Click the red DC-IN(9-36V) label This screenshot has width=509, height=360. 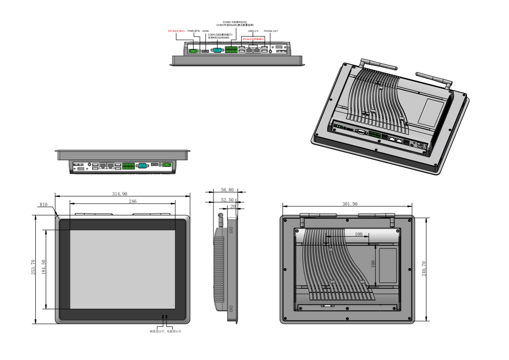click(x=176, y=31)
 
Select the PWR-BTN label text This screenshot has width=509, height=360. click(x=194, y=31)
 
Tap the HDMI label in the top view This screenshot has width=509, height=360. click(x=205, y=31)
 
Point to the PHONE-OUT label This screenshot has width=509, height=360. click(x=271, y=31)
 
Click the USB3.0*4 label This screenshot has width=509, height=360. click(x=253, y=31)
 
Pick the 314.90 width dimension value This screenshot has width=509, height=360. click(x=120, y=194)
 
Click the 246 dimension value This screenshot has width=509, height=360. click(x=133, y=201)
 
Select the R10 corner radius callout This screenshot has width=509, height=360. click(x=44, y=204)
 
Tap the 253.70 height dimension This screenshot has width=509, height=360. click(x=33, y=269)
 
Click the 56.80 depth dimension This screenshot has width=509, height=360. click(x=227, y=190)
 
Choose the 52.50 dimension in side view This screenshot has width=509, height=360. click(x=227, y=199)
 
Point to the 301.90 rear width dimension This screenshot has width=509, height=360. click(x=349, y=204)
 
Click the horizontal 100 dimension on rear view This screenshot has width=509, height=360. click(x=359, y=234)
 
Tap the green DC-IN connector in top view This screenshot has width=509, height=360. click(x=194, y=51)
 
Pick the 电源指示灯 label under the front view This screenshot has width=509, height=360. click(x=174, y=332)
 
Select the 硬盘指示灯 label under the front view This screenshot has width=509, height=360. click(x=156, y=332)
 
